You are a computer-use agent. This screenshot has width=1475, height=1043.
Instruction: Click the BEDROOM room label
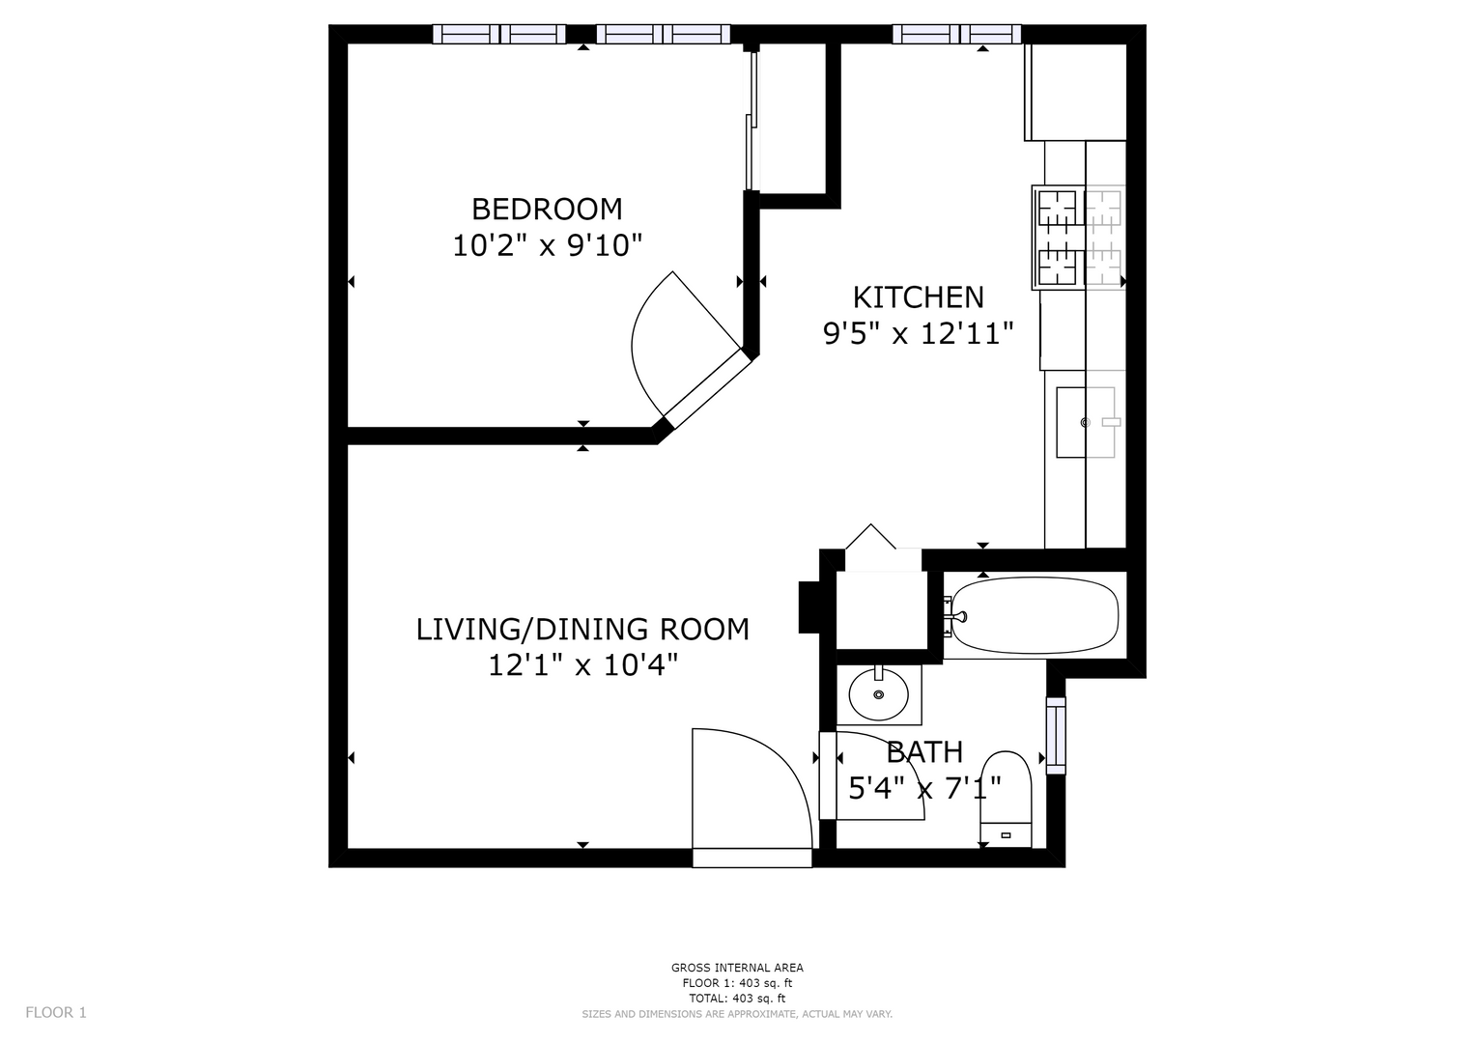click(x=547, y=210)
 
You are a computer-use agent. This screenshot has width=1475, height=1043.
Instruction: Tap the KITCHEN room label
click(x=918, y=297)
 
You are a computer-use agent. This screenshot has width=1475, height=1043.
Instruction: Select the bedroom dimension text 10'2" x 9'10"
click(x=547, y=246)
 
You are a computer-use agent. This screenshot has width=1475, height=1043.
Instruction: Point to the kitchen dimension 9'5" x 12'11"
click(x=918, y=334)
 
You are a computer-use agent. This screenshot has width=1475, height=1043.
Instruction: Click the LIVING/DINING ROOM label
click(x=582, y=630)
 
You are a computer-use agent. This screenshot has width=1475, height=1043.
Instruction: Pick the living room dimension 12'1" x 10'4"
click(x=582, y=665)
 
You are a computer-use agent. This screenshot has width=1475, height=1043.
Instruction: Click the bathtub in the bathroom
click(x=1035, y=615)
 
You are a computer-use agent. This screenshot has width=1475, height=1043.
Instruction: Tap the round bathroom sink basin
click(x=878, y=694)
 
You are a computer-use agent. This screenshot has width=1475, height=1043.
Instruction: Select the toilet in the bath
click(x=1006, y=799)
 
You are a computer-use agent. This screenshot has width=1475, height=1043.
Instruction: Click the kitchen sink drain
click(x=1085, y=422)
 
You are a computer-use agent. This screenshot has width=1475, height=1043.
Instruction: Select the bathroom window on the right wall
click(x=1056, y=736)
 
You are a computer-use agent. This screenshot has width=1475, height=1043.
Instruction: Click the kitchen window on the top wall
click(x=957, y=34)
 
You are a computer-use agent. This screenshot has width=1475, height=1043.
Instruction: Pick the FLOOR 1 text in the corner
click(x=56, y=1013)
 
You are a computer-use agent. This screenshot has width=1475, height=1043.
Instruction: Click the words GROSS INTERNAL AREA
click(x=737, y=968)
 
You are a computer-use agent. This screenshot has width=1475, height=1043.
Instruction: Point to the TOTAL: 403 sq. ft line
click(x=737, y=999)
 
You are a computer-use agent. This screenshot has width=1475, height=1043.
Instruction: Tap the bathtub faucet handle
click(x=961, y=617)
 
